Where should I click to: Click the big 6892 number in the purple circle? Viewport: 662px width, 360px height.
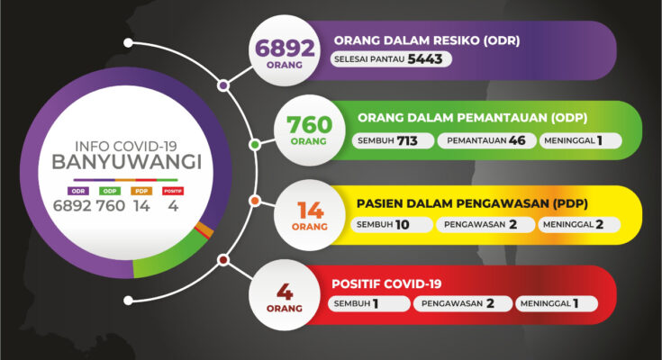pyautogui.click(x=285, y=48)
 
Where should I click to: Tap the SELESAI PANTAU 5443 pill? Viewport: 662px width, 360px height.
pyautogui.click(x=391, y=59)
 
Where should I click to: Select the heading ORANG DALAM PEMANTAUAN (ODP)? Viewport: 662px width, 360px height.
pyautogui.click(x=473, y=118)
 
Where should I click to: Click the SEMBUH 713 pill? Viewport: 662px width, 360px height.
pyautogui.click(x=393, y=140)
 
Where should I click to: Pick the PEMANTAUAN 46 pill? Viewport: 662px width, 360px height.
pyautogui.click(x=486, y=140)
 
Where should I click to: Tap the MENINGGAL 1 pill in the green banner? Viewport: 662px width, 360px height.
pyautogui.click(x=581, y=140)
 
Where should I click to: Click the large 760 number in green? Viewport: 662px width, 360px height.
pyautogui.click(x=310, y=125)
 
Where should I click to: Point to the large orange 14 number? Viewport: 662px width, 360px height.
pyautogui.click(x=311, y=211)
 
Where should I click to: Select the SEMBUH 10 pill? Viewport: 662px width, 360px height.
pyautogui.click(x=392, y=224)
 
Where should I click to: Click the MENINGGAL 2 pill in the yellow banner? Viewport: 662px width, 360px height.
pyautogui.click(x=579, y=224)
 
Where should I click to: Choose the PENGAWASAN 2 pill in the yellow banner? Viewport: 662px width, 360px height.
pyautogui.click(x=485, y=224)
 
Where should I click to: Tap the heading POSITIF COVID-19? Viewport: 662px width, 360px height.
pyautogui.click(x=386, y=284)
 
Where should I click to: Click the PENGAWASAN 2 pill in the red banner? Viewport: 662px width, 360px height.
pyautogui.click(x=463, y=303)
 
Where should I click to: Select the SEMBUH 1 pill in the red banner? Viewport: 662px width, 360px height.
pyautogui.click(x=369, y=303)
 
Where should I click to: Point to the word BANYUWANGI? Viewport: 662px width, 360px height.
pyautogui.click(x=127, y=162)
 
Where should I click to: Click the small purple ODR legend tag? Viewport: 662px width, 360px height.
pyautogui.click(x=78, y=191)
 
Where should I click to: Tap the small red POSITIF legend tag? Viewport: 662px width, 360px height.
pyautogui.click(x=173, y=191)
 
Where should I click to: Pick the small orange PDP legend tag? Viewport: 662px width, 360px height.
pyautogui.click(x=141, y=191)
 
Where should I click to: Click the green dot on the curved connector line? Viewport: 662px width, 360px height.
pyautogui.click(x=255, y=145)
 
